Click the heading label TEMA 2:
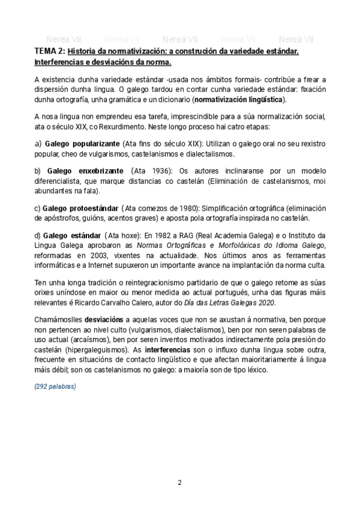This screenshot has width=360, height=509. coord(50,52)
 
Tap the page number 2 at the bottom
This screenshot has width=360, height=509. coord(179,483)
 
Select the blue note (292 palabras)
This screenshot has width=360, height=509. coord(55,387)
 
